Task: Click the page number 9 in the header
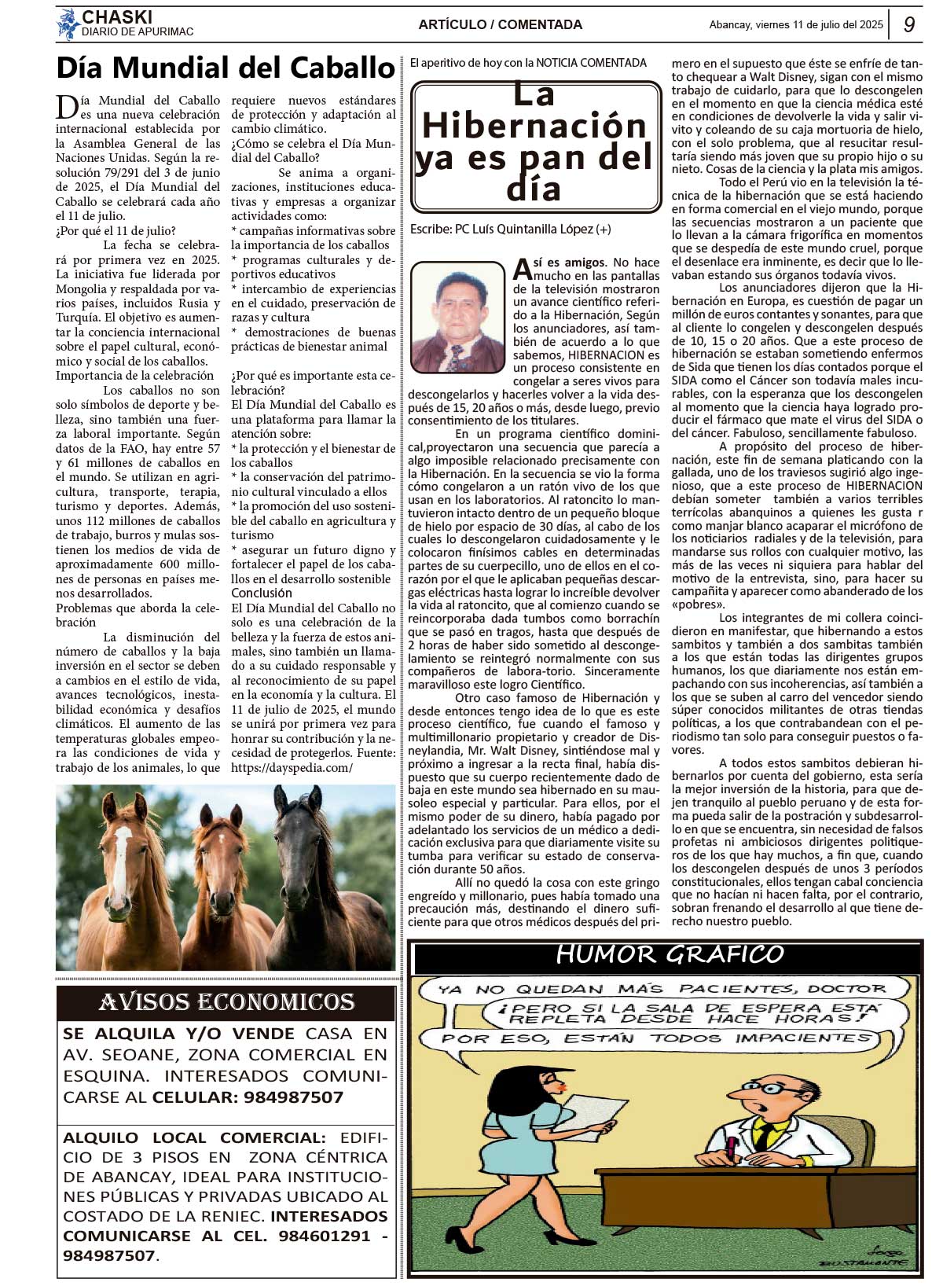[908, 24]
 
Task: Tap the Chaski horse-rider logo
[68, 24]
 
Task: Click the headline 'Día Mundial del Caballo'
[225, 68]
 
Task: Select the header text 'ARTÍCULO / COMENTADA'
[500, 24]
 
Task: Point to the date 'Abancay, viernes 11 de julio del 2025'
[795, 24]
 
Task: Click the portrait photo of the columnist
[457, 318]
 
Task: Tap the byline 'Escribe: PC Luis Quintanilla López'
[510, 230]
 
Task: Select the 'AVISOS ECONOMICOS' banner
[226, 1002]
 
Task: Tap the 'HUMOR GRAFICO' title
[670, 954]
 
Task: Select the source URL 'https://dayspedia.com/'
[292, 768]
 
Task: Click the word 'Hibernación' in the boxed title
[534, 126]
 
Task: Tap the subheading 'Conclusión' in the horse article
[262, 593]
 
